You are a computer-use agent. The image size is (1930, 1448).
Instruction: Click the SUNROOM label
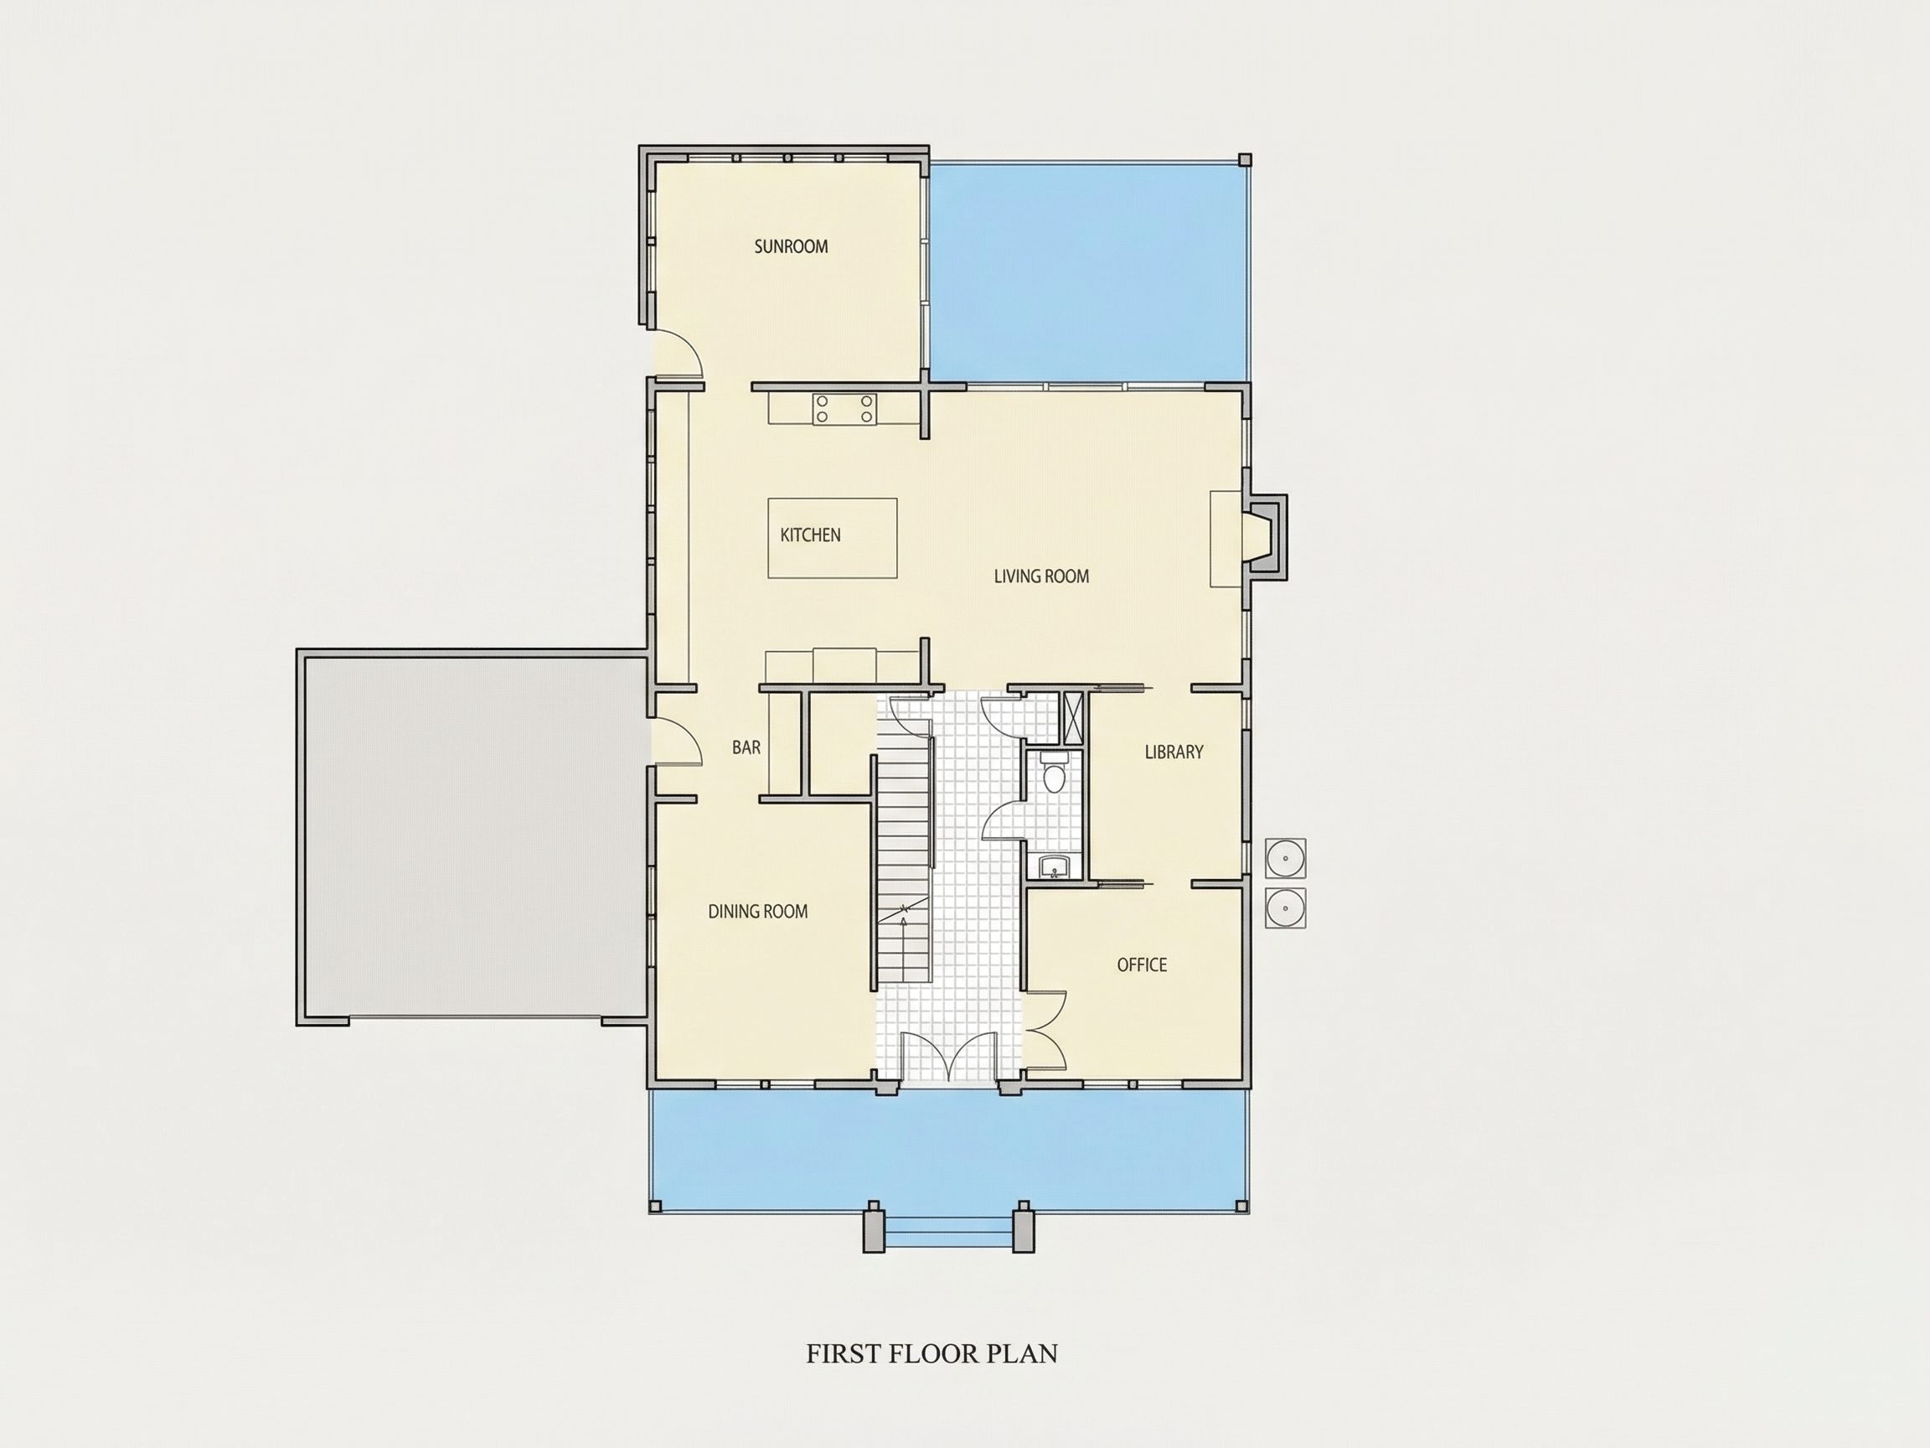coord(791,246)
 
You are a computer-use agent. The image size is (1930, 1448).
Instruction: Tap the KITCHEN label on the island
coord(810,535)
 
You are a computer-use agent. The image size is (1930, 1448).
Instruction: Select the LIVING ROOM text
coord(1041,576)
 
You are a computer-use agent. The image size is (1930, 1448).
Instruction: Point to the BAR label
coord(746,748)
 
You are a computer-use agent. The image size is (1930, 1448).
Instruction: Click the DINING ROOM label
coord(757,912)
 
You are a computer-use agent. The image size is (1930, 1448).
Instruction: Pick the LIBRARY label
coord(1174,752)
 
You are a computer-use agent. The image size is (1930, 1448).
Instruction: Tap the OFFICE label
coord(1141,965)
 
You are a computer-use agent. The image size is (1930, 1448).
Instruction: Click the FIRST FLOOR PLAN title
coord(931,1354)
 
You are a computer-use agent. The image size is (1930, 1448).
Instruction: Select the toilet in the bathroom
coord(1055,773)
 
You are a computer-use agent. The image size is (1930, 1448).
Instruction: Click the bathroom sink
coord(1055,868)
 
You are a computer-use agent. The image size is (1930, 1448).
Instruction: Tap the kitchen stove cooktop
coord(844,410)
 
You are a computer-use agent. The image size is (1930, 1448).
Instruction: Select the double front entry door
coord(948,1058)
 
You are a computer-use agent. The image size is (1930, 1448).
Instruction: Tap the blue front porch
coord(948,1148)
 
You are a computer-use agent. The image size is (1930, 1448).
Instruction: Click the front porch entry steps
coord(948,1233)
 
